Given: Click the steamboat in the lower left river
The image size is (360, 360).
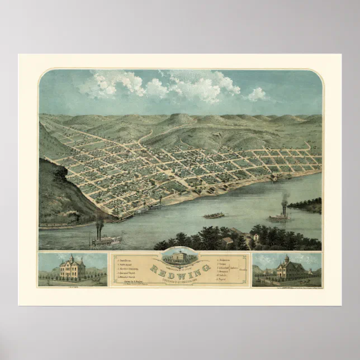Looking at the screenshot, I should pyautogui.click(x=107, y=241).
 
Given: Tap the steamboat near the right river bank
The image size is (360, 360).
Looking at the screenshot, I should pyautogui.click(x=280, y=216).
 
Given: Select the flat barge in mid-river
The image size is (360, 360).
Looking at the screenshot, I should pyautogui.click(x=214, y=215).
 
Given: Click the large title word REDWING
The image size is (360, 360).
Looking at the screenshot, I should pyautogui.click(x=179, y=267).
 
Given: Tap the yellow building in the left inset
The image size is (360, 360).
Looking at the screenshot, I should pyautogui.click(x=72, y=269).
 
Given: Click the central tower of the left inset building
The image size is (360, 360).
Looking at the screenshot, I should pyautogui.click(x=72, y=260).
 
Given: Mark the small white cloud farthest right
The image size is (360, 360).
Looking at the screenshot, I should pyautogui.click(x=257, y=94).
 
